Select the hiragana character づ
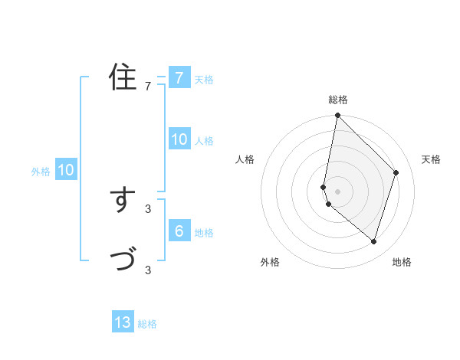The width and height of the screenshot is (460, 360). point(123,260)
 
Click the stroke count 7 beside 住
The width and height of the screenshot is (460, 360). point(148,86)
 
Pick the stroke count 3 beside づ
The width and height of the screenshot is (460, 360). point(148,270)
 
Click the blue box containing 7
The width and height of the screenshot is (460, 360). point(179,77)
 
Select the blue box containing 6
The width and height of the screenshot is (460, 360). point(179,231)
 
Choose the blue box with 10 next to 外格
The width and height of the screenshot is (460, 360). point(65,170)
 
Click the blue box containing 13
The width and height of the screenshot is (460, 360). point(123,322)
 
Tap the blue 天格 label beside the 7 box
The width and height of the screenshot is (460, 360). point(204,79)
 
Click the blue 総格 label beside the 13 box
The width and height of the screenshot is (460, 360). point(147,324)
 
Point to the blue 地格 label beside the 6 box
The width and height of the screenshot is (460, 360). point(204,233)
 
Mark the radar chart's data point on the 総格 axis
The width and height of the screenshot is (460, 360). point(337,116)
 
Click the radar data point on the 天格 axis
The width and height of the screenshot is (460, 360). point(396,172)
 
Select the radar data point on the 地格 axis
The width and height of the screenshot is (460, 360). point(374,241)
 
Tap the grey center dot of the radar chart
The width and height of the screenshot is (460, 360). point(337,191)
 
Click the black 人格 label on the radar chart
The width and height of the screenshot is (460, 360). point(245,159)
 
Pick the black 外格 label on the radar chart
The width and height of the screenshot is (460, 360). point(270,262)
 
